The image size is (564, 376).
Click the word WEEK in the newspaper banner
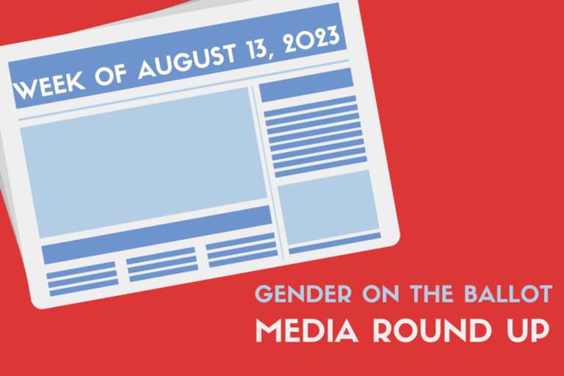49,84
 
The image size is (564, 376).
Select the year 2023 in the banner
312,38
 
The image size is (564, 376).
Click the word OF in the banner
111,74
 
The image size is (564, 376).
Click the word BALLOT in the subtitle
508,294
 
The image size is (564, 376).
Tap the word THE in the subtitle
432,294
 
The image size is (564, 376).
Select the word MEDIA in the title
307,330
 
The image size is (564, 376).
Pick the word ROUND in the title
432,330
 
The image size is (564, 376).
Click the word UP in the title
528,330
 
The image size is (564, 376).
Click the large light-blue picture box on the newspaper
144,162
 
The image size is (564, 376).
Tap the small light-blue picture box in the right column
328,207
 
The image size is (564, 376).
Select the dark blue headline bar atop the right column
306,85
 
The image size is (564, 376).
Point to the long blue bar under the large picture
156,235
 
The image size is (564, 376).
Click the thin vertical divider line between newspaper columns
268,172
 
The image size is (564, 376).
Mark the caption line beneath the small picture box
335,243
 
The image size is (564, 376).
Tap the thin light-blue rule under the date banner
184,90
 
